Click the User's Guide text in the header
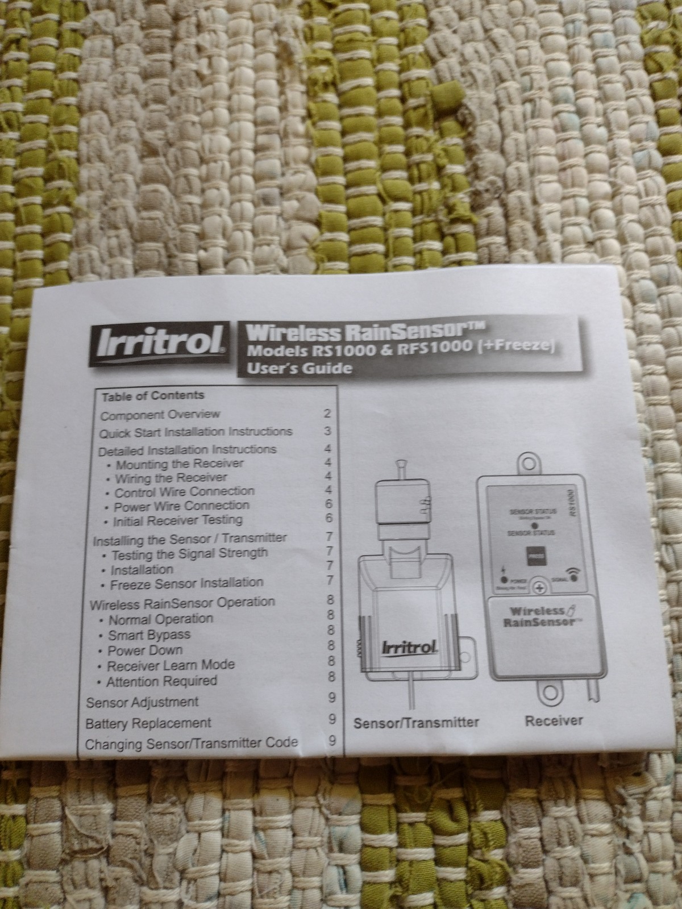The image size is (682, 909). [298, 368]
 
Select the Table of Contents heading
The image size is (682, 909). [153, 395]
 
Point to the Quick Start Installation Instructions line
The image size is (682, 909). [196, 432]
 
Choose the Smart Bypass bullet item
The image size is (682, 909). [149, 635]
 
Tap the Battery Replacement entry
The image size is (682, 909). [148, 723]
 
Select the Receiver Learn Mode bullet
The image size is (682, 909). [170, 665]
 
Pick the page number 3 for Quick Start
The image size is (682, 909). [327, 431]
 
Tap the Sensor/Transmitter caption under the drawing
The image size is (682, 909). [416, 723]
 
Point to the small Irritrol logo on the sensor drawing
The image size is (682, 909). [409, 648]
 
